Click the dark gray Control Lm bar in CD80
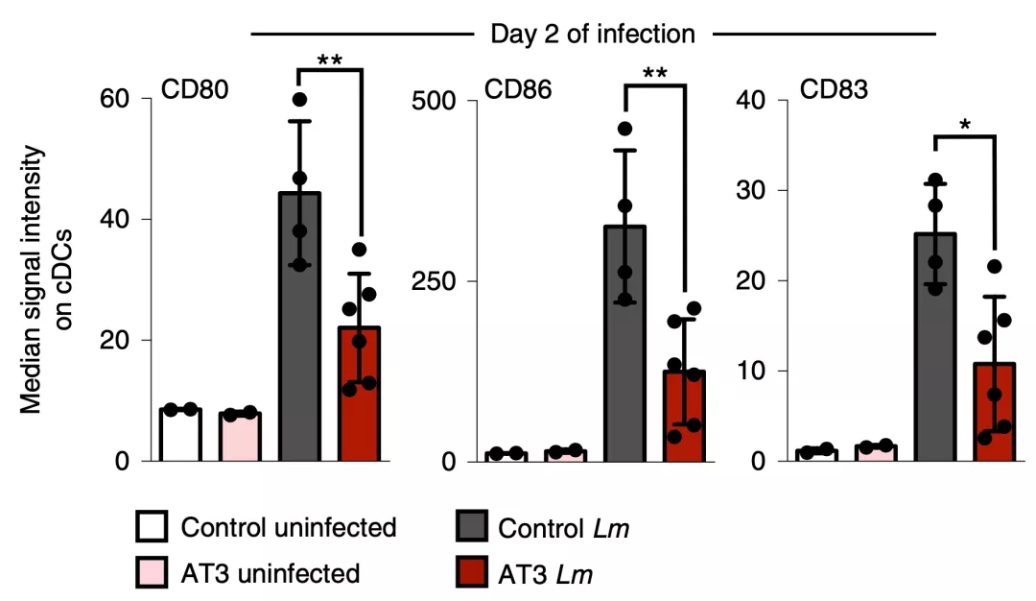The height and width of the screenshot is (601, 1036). pos(300,326)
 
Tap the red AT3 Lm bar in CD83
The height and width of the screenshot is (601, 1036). pos(995,412)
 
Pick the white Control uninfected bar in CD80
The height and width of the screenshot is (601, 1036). pos(180,435)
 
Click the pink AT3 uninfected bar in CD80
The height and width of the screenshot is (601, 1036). pos(240,437)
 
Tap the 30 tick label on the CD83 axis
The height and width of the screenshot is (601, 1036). pos(753,190)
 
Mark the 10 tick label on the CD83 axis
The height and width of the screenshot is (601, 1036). pos(753,371)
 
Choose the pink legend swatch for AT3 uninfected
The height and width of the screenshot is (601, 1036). pos(153,573)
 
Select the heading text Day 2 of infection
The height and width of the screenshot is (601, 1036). pos(593,35)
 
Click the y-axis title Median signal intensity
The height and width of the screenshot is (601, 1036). pos(33,278)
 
